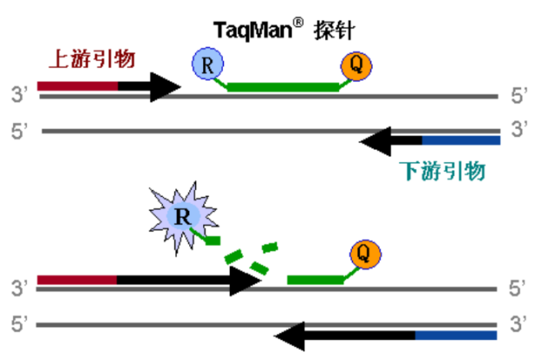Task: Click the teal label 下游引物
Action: click(x=442, y=170)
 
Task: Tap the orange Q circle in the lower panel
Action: click(x=364, y=254)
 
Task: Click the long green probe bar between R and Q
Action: click(x=282, y=87)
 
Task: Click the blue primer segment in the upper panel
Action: click(x=460, y=140)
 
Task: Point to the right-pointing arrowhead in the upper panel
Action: click(x=164, y=86)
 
